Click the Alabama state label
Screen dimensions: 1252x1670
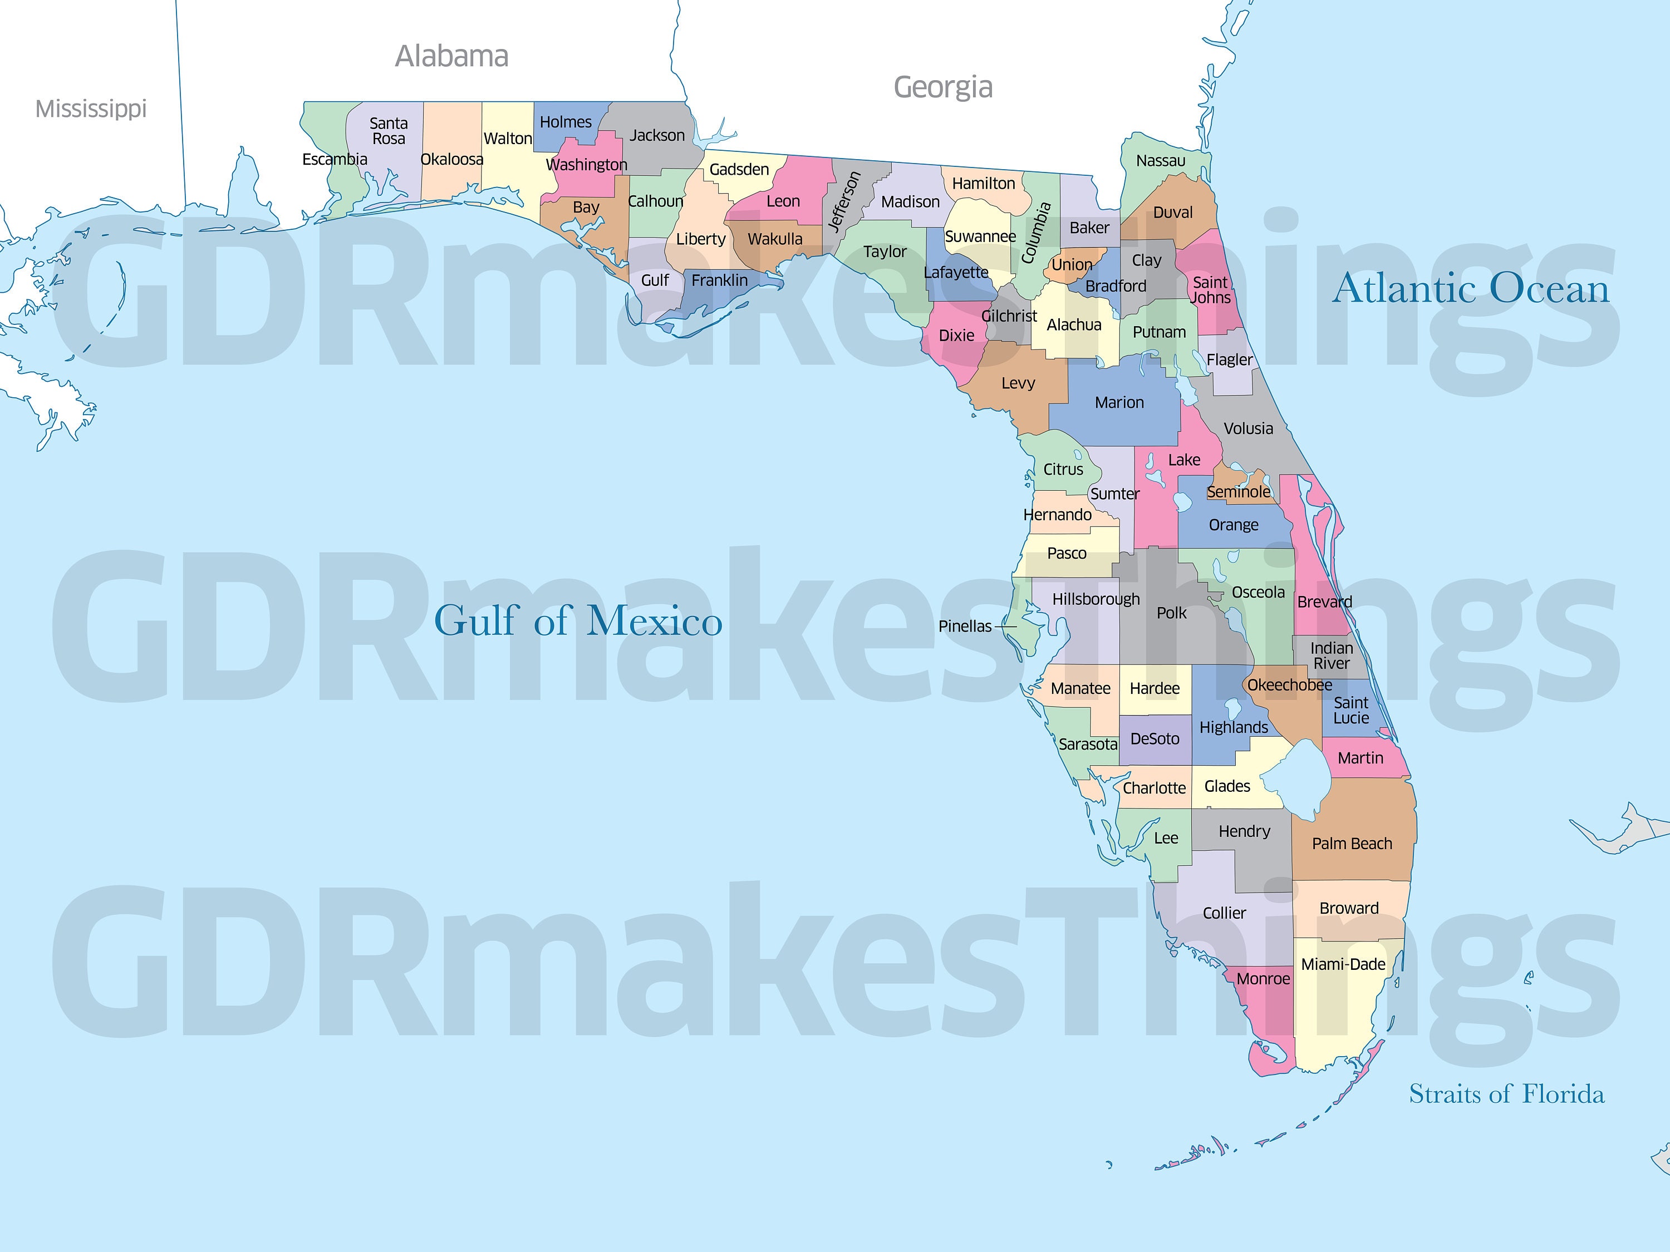[451, 57]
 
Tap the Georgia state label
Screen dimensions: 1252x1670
[943, 87]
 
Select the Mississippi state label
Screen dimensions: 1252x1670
[91, 109]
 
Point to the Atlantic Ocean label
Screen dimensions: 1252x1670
[1471, 289]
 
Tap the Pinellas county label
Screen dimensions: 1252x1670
[965, 627]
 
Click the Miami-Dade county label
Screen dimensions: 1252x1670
[1343, 964]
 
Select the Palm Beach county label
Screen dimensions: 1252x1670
[1352, 844]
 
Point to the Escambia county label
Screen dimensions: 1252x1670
[335, 159]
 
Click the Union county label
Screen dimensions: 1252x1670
[1072, 265]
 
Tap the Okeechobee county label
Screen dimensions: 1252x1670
[1289, 685]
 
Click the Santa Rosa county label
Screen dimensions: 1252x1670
[388, 131]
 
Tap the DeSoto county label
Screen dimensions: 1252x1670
[1155, 739]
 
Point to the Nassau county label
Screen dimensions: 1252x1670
[1161, 161]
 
